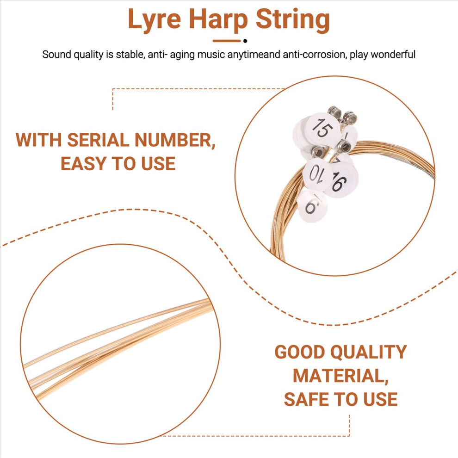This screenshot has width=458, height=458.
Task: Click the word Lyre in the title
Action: (155, 20)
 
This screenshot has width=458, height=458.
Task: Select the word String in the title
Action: (293, 20)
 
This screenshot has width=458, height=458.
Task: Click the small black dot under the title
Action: (245, 41)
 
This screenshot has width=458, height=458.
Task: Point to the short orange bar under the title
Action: (226, 41)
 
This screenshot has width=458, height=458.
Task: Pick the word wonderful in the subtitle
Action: (393, 55)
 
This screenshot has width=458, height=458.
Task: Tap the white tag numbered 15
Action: (322, 128)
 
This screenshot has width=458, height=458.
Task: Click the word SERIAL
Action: (98, 140)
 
